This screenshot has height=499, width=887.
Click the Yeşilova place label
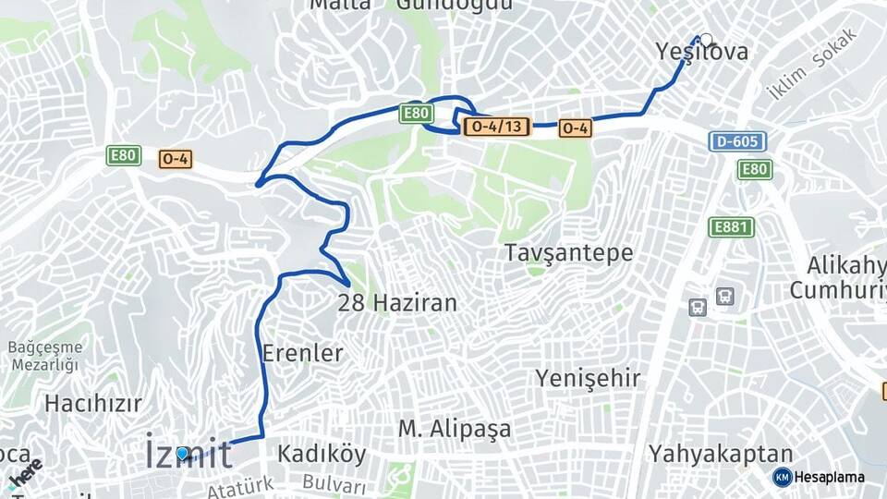701,52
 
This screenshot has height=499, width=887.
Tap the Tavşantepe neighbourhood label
569,252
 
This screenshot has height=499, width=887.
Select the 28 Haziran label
397,302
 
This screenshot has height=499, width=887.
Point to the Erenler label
302,353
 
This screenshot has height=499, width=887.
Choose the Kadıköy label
322,455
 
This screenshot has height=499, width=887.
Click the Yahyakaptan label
721,454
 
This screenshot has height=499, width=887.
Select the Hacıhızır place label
93,403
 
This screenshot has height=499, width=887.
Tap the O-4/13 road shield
496,127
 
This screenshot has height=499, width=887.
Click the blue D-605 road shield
737,141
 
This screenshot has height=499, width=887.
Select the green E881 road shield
732,227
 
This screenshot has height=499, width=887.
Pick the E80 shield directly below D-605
755,169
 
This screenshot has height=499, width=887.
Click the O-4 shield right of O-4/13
575,129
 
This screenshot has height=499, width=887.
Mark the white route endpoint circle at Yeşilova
706,40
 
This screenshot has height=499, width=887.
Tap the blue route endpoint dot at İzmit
183,453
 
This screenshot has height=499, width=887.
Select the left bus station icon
698,307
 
